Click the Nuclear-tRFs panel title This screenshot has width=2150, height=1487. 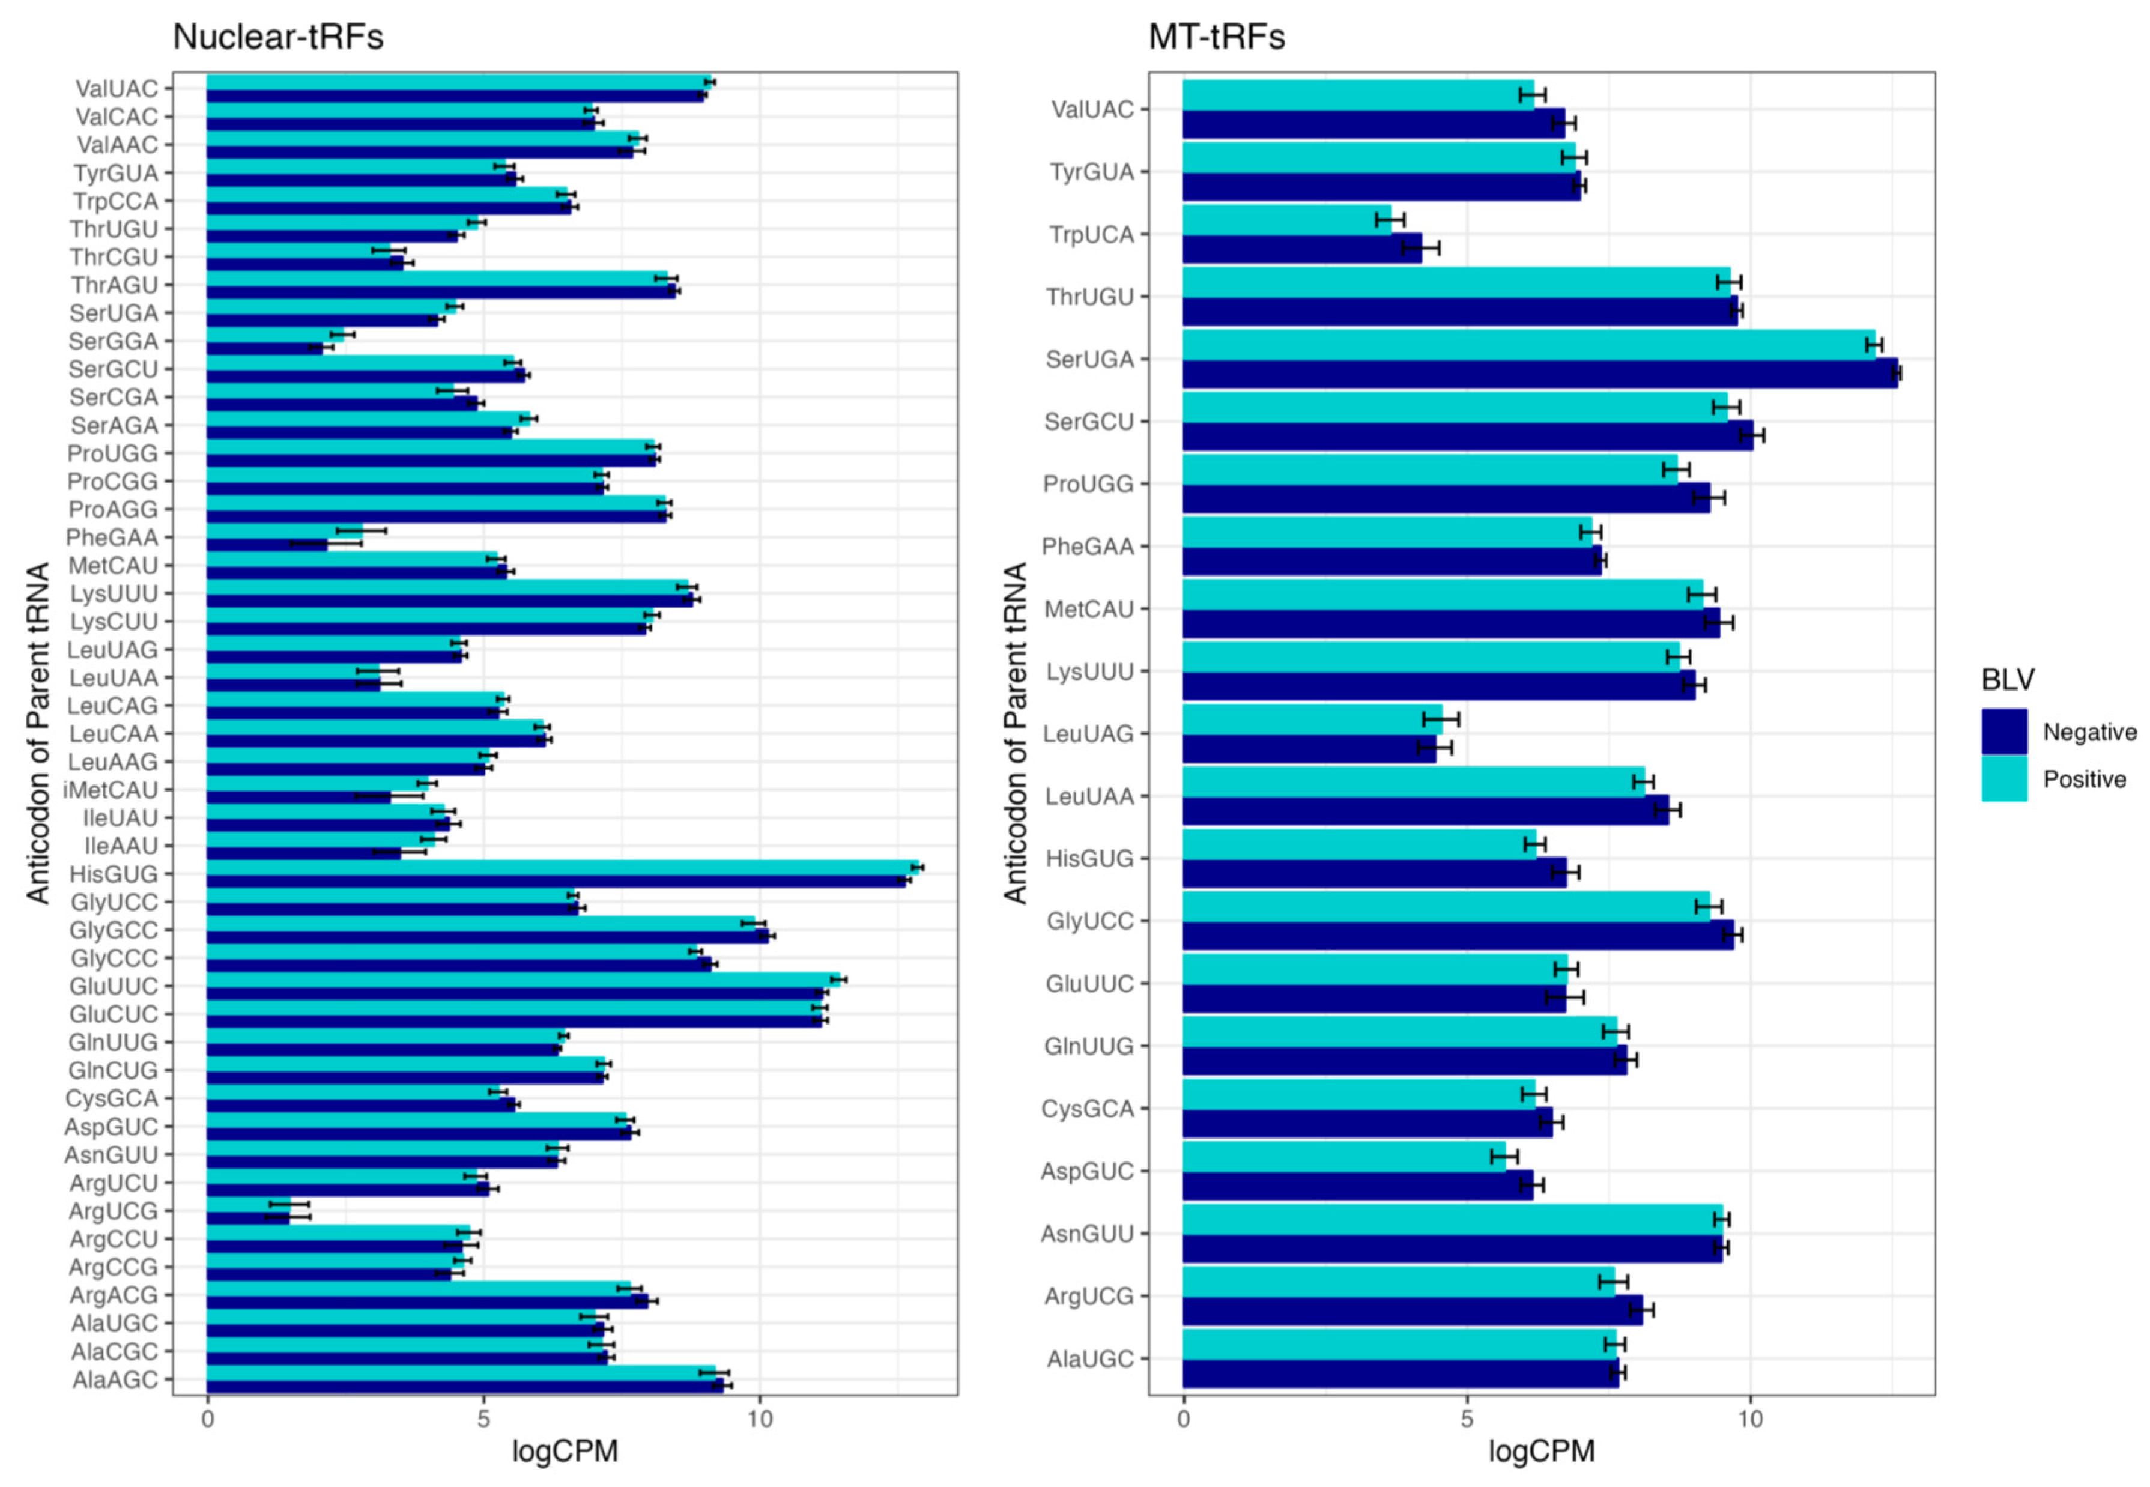277,37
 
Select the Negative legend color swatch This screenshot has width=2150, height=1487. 2003,732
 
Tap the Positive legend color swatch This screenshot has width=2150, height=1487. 2003,779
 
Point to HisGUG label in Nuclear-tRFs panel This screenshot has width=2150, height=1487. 114,874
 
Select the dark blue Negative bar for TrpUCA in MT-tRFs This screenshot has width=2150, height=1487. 1301,249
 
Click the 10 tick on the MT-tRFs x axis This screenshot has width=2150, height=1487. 1751,1419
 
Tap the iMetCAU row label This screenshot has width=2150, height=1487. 110,790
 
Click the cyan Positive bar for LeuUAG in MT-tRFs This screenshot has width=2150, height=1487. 1312,719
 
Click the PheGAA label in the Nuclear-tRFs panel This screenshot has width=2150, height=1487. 112,538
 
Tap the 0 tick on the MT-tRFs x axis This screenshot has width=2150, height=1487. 1183,1419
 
